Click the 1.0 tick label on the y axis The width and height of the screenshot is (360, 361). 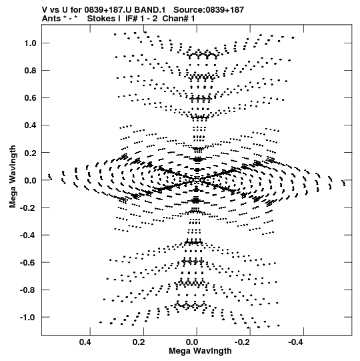click(31, 43)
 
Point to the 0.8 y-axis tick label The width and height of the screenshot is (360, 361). click(31, 71)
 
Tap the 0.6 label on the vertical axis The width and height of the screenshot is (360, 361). click(31, 98)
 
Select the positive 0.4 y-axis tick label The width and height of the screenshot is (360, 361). click(31, 125)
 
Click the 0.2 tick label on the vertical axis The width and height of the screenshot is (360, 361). click(31, 153)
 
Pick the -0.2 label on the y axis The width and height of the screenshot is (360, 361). click(28, 208)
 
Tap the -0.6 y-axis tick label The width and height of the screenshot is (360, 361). click(28, 262)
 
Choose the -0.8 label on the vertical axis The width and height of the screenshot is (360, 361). click(28, 290)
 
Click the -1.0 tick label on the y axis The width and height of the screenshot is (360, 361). click(28, 317)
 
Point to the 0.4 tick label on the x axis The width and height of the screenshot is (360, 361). click(85, 342)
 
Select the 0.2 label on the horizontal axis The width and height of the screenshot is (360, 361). click(139, 342)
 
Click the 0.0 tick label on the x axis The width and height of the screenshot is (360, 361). click(192, 342)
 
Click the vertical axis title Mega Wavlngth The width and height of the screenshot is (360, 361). click(13, 177)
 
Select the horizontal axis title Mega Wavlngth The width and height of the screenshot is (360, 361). click(200, 351)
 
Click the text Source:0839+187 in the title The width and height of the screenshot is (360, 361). click(209, 10)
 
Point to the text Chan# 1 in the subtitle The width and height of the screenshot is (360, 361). click(179, 19)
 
